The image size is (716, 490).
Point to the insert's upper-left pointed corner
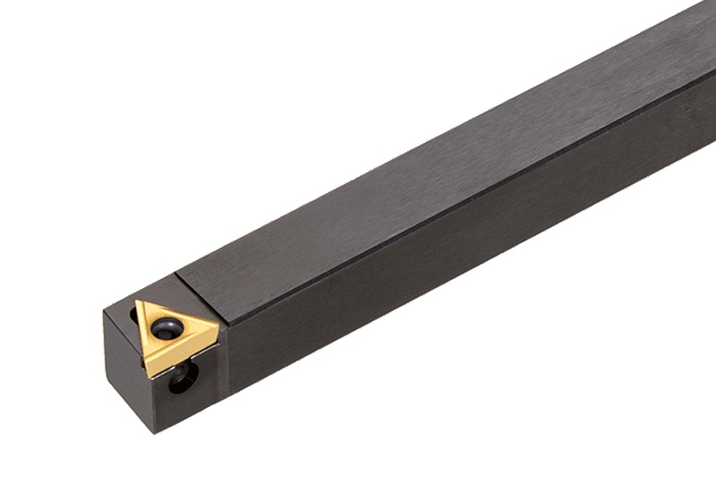138,302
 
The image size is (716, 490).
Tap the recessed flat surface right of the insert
224,356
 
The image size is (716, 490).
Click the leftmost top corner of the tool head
105,311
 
